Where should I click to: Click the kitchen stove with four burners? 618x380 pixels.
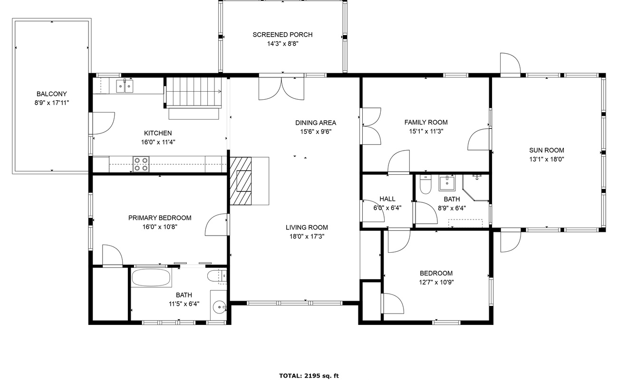tap(141, 164)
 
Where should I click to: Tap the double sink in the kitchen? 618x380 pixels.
tap(125, 86)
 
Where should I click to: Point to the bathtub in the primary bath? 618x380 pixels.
tap(151, 278)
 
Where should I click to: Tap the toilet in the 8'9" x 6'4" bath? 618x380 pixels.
tap(425, 185)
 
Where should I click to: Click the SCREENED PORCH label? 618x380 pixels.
tap(282, 35)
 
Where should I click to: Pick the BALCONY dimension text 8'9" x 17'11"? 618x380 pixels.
tap(51, 103)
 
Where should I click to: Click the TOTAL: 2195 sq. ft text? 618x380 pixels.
tap(309, 376)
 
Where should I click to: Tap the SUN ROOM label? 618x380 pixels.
tap(547, 150)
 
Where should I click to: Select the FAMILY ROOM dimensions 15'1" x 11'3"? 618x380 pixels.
tap(425, 132)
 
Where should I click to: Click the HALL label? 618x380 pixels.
tap(387, 199)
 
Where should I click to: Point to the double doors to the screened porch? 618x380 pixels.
tap(281, 88)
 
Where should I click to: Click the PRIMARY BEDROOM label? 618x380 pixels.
tap(160, 218)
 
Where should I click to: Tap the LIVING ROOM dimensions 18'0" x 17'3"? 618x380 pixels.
tap(307, 236)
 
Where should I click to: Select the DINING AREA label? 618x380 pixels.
tap(315, 123)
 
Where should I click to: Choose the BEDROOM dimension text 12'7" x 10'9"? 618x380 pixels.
tap(436, 282)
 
